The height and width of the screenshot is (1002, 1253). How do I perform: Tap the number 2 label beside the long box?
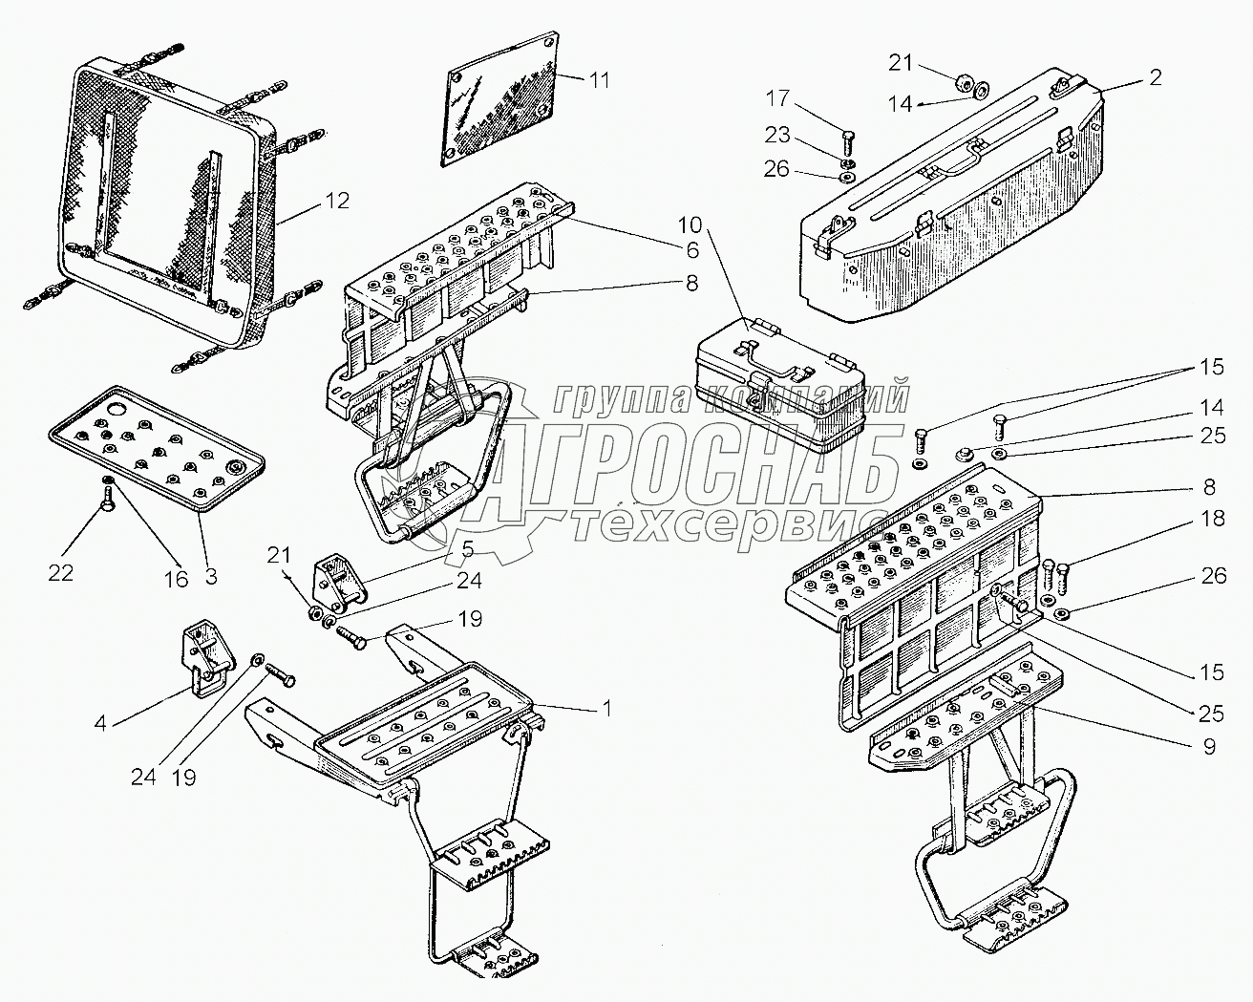coord(1155,78)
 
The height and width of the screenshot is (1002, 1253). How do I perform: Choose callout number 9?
coord(1209,747)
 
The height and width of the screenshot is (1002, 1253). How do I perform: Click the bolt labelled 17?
coord(848,144)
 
